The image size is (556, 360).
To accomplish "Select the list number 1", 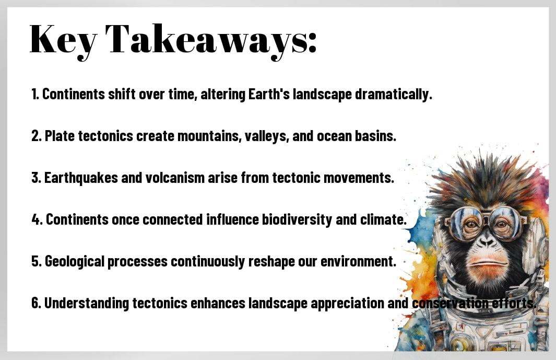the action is coord(35,94).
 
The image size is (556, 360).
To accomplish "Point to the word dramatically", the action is coord(394,95).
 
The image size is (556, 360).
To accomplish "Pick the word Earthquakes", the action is coord(81,178).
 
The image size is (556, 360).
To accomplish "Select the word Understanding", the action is coord(87,304).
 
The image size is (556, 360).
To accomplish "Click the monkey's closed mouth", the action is coord(487,263).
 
